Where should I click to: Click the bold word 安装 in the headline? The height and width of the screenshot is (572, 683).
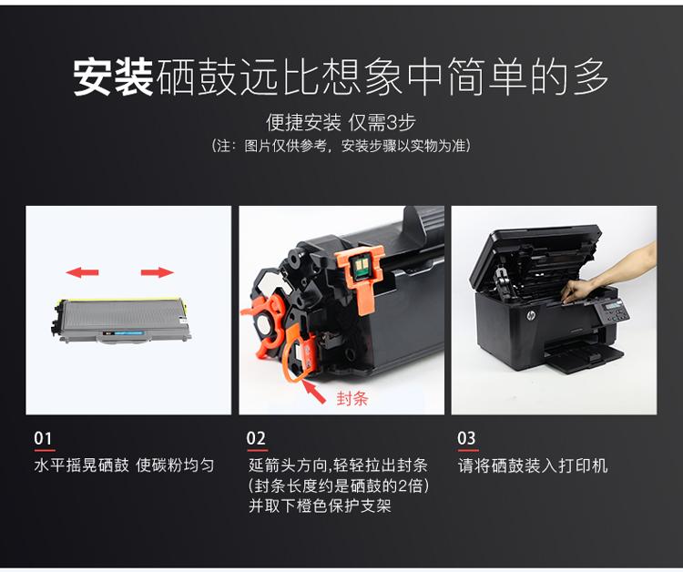tap(113, 78)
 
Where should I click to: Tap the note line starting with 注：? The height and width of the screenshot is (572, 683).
tap(341, 146)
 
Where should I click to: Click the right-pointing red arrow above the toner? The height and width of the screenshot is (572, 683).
tap(158, 271)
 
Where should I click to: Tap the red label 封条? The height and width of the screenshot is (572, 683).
tap(352, 398)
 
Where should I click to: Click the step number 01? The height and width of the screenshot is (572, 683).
tap(43, 439)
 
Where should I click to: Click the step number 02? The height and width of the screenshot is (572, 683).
tap(256, 439)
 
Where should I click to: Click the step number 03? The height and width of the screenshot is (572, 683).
tap(467, 439)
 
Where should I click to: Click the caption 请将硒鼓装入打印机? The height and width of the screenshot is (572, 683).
tap(533, 465)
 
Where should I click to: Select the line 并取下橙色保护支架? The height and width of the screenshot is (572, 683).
tap(320, 506)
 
